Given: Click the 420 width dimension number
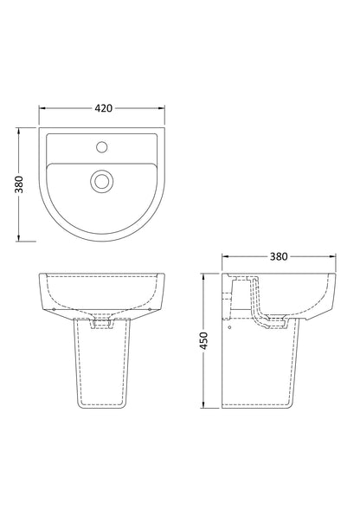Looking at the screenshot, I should click(x=103, y=110).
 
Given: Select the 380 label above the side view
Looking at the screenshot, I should click(x=278, y=256).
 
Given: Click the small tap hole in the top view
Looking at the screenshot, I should click(x=103, y=145).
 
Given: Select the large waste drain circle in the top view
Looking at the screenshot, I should click(x=103, y=181).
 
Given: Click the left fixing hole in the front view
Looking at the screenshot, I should click(x=54, y=306).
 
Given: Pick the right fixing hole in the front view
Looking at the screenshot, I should click(x=153, y=306).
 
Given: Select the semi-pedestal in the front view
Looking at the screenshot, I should click(x=103, y=364).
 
